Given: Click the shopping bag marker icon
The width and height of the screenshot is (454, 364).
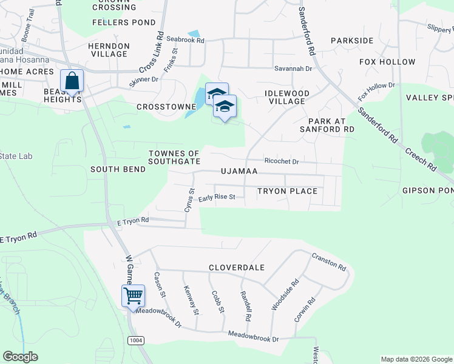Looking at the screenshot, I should (x=72, y=81).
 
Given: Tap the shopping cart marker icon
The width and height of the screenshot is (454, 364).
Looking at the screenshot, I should (x=133, y=297).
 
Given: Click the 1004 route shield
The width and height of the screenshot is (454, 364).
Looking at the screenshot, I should (x=136, y=340).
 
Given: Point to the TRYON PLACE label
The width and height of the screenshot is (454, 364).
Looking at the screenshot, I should (x=287, y=191).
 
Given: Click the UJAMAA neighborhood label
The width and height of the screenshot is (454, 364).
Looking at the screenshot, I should (x=239, y=172).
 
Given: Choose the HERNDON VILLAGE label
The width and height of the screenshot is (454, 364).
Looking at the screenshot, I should (x=109, y=50).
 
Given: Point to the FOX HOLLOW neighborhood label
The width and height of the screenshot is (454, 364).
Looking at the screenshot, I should (x=387, y=62).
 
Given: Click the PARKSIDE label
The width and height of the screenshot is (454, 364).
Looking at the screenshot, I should (x=352, y=40).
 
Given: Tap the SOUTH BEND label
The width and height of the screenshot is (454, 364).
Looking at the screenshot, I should (x=118, y=169).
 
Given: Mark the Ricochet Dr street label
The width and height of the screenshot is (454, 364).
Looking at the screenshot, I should (x=282, y=162).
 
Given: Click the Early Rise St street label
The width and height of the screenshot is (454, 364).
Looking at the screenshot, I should (x=216, y=197).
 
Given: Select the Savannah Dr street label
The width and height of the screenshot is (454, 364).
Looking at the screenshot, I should (x=293, y=69).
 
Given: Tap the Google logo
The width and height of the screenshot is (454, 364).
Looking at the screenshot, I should (x=20, y=357).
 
